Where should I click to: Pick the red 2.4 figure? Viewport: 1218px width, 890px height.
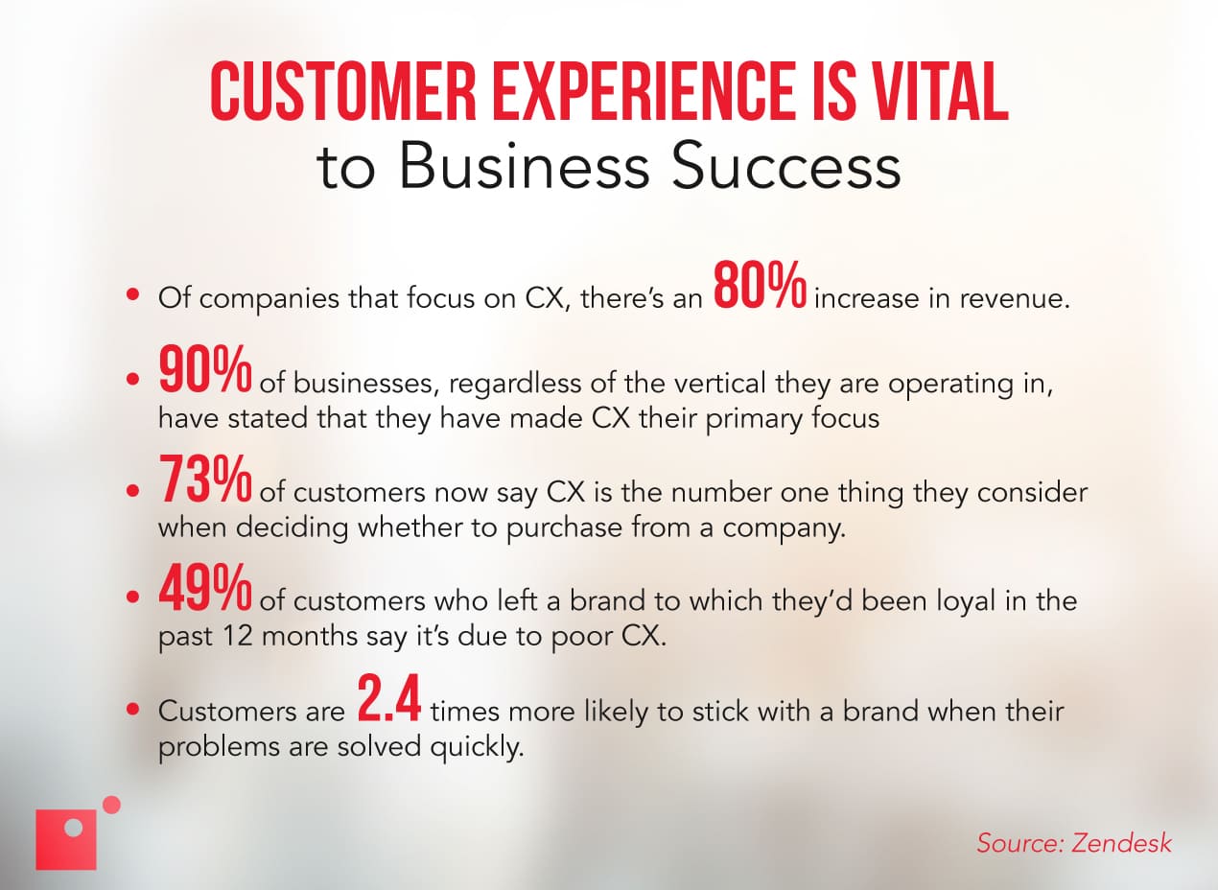pos(388,699)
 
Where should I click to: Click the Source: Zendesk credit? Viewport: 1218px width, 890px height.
pos(1074,843)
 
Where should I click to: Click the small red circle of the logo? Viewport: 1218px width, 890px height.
pos(111,805)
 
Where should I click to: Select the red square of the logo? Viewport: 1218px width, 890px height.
pos(66,840)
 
